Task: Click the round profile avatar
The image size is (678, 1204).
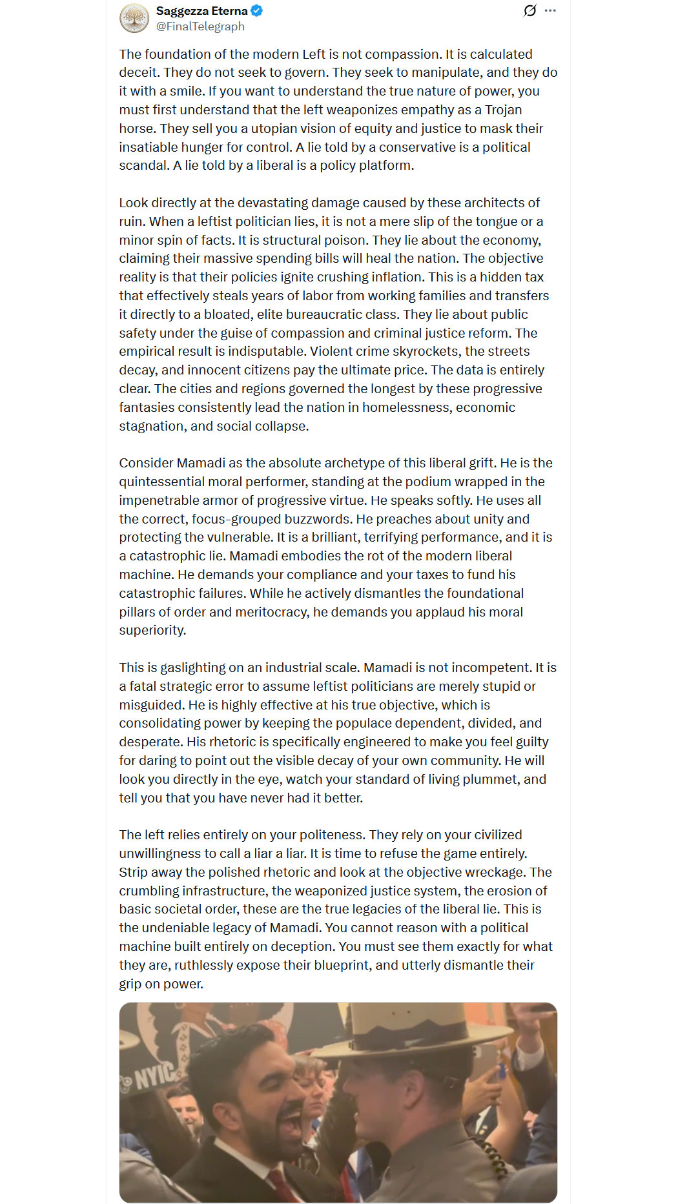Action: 134,18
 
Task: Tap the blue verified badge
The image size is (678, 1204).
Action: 257,11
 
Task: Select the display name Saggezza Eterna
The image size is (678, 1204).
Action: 201,11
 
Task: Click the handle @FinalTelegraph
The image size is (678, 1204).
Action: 200,26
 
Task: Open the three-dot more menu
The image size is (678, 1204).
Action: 550,11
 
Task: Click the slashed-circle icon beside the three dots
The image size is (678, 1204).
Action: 530,11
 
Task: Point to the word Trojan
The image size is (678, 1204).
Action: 504,110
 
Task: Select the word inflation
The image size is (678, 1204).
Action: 390,277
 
